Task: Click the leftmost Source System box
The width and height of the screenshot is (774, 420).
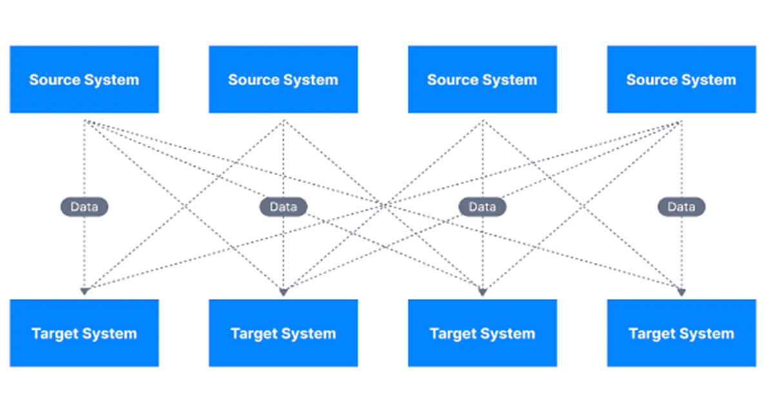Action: click(x=84, y=79)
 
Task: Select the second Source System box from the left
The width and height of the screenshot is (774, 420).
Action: click(x=283, y=79)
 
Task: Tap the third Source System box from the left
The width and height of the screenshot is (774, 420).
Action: click(x=482, y=79)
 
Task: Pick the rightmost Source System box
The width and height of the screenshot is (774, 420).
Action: click(x=681, y=79)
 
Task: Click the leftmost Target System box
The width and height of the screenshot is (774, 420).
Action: click(x=84, y=333)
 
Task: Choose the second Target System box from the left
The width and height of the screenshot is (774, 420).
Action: click(x=283, y=333)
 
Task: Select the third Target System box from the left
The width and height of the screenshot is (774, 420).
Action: click(x=482, y=333)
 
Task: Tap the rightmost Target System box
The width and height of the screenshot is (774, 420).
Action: click(x=681, y=333)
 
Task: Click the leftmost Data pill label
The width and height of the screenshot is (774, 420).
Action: click(x=84, y=207)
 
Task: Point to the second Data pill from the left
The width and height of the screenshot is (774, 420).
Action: click(x=283, y=207)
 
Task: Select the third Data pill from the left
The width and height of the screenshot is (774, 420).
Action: click(x=482, y=207)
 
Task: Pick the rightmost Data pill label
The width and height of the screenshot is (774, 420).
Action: click(x=681, y=207)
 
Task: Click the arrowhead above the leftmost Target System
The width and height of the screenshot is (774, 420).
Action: click(x=84, y=292)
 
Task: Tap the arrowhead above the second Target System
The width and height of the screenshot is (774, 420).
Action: click(x=283, y=292)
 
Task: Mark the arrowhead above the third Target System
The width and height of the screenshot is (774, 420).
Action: click(x=482, y=292)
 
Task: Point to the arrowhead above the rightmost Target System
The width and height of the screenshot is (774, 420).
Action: click(x=681, y=292)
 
